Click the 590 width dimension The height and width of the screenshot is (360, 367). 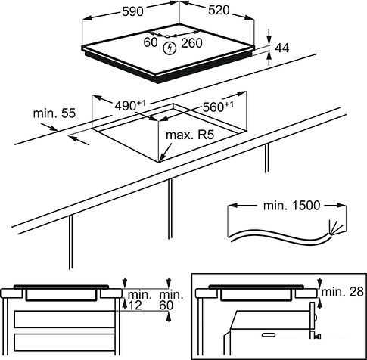132,11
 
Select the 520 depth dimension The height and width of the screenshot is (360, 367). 219,11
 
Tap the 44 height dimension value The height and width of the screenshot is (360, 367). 282,48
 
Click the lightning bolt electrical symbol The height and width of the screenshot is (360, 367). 170,48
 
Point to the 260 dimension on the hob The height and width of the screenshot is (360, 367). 191,43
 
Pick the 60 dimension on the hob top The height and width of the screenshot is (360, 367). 151,42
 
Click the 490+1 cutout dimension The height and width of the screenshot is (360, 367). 130,105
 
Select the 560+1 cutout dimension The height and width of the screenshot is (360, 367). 218,107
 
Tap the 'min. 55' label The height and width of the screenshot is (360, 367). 54,113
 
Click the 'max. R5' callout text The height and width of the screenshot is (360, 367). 190,135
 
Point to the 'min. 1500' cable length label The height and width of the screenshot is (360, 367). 291,206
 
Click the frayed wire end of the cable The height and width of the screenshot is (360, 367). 335,228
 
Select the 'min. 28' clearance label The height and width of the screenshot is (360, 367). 343,292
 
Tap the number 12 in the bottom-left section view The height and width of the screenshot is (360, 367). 135,306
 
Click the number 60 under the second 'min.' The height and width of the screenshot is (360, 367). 166,306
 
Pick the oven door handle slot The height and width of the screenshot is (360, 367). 269,335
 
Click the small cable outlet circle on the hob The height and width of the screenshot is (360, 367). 167,37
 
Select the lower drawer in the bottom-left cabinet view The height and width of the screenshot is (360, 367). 64,342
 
